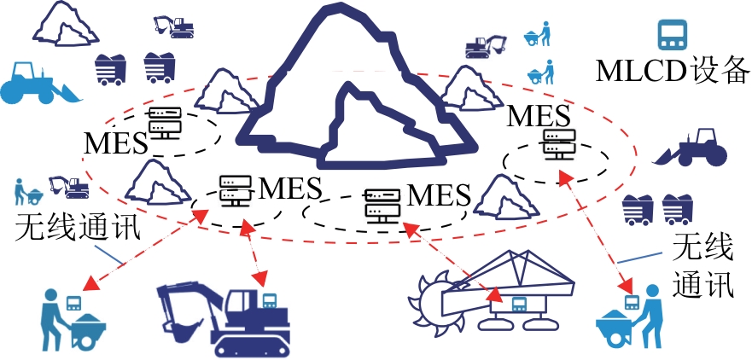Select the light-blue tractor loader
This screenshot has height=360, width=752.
[38, 83]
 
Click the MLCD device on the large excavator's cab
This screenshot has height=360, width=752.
[269, 299]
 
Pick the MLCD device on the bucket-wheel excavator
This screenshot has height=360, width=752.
[518, 304]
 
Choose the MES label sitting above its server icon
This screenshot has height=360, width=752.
[539, 117]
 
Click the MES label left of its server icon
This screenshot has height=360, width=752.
[115, 142]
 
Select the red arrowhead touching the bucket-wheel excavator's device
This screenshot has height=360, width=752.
[496, 294]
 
